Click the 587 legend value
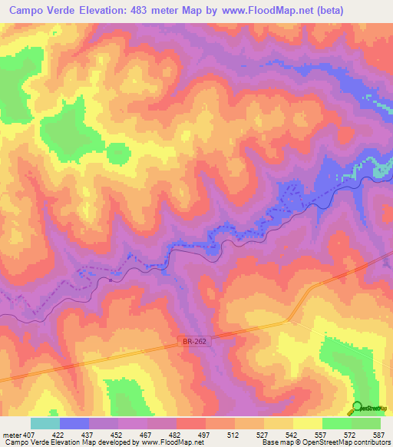tap(378, 434)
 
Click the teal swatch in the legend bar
tap(45, 423)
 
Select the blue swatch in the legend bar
tap(74, 423)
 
